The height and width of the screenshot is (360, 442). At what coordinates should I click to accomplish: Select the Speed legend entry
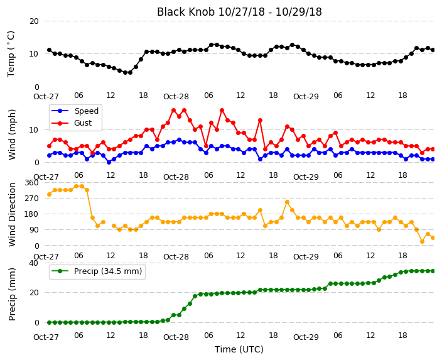[x=75, y=111]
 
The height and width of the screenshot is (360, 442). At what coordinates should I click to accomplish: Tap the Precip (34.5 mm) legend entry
[x=97, y=271]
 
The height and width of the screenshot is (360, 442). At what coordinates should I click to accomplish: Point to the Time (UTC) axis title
[x=239, y=349]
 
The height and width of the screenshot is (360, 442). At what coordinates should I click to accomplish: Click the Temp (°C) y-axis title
[x=11, y=54]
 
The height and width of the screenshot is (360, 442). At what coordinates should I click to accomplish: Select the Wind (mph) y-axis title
[x=12, y=134]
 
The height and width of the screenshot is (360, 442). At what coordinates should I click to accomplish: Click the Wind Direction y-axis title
[x=12, y=214]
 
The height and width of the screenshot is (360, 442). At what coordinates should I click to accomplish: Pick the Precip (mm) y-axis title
[x=12, y=294]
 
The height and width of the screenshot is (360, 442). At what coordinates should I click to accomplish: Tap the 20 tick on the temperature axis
[x=34, y=21]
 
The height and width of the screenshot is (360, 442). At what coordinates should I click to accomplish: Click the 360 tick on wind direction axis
[x=31, y=183]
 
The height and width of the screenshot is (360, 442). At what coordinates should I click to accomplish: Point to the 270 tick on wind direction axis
[x=31, y=199]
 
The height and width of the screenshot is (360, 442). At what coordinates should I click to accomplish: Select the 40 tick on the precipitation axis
[x=34, y=263]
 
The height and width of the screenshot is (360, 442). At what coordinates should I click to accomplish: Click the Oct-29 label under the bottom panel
[x=306, y=337]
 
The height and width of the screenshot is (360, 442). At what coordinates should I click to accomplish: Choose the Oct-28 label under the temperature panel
[x=176, y=97]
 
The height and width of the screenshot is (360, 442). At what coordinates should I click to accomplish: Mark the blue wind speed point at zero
[x=109, y=162]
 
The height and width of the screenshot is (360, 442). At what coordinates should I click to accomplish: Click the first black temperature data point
[x=50, y=50]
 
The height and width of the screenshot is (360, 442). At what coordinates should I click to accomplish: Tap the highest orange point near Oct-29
[x=288, y=202]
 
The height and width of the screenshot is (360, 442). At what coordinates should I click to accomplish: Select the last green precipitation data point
[x=433, y=271]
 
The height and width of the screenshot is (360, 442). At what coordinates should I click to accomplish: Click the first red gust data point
[x=50, y=146]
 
